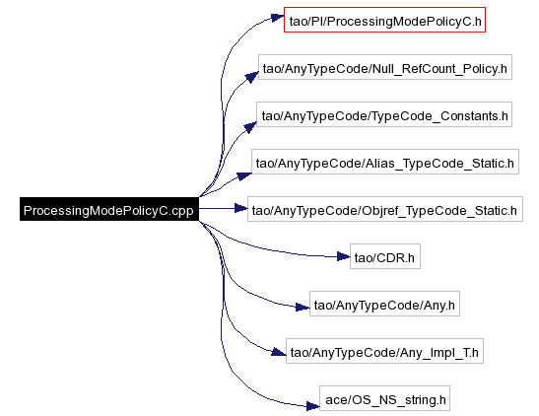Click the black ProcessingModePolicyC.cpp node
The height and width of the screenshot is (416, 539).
click(109, 209)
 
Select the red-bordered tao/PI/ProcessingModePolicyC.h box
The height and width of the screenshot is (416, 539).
click(384, 20)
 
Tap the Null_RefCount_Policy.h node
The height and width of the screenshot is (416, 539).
click(385, 67)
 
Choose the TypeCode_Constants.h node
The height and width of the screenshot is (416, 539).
click(384, 114)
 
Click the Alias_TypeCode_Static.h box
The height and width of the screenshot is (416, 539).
click(385, 162)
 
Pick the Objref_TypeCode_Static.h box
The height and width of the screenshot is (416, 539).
click(385, 209)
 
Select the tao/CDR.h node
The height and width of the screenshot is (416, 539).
click(385, 256)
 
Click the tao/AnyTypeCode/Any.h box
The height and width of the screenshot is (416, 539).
click(384, 304)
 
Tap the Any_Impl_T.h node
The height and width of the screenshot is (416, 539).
click(384, 351)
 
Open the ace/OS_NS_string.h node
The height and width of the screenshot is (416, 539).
click(384, 398)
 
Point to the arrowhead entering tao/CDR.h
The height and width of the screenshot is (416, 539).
click(344, 256)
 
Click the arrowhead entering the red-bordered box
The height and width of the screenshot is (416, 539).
click(278, 18)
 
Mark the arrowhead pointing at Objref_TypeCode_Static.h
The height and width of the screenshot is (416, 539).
click(241, 208)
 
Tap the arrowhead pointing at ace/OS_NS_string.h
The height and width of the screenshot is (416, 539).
click(313, 406)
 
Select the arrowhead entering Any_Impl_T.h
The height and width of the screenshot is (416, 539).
click(279, 352)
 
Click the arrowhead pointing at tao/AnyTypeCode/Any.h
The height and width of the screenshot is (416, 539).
click(303, 307)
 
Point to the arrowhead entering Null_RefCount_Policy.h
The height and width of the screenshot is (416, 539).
click(252, 77)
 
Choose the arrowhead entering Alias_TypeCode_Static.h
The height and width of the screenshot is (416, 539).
click(244, 176)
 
